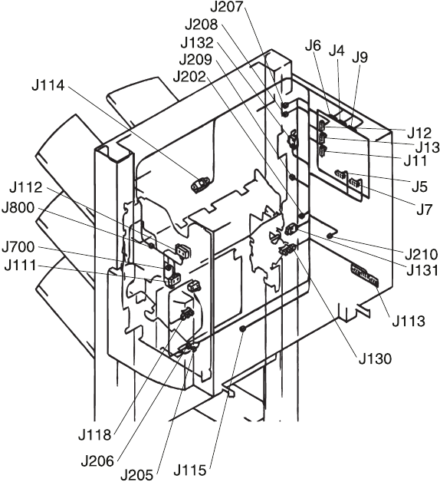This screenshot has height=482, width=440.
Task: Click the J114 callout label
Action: pos(48,85)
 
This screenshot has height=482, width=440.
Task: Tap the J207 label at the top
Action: pos(227,7)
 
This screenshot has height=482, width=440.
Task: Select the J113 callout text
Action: pos(409,322)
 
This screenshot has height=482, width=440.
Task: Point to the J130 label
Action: pos(375,358)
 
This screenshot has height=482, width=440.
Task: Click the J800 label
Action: pos(18,208)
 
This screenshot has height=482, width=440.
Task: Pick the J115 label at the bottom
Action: pos(190,470)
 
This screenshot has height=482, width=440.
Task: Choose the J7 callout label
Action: pos(424,210)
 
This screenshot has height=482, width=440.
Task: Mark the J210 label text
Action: pos(422,255)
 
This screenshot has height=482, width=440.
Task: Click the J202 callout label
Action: pos(189,77)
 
